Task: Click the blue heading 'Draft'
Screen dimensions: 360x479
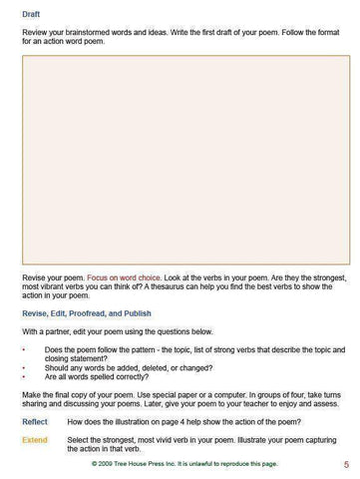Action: (31, 14)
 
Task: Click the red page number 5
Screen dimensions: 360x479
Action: (345, 464)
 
